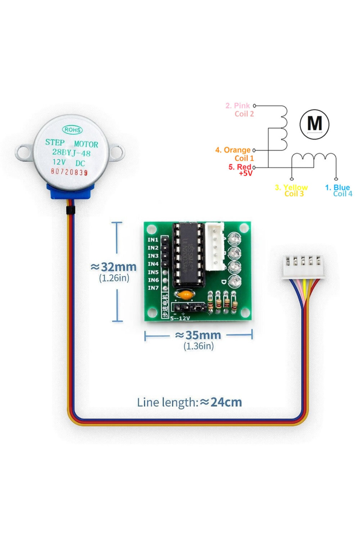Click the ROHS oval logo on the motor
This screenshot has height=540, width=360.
click(72, 130)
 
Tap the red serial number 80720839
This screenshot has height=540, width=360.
click(69, 172)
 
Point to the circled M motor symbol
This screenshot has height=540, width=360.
click(314, 124)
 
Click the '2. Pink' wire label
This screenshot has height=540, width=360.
click(238, 106)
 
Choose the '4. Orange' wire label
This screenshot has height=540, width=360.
click(233, 150)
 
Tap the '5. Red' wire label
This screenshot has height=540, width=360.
click(240, 167)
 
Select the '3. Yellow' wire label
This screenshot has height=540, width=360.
click(291, 187)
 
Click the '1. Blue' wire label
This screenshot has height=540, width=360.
click(337, 187)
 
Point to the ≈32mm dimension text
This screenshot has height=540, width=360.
click(114, 267)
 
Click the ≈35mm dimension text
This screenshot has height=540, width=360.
click(198, 335)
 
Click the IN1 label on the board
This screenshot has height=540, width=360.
click(153, 240)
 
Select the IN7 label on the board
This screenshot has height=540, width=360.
click(153, 288)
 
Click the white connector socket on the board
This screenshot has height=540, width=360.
click(215, 247)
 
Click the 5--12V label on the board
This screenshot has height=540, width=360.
click(180, 318)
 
